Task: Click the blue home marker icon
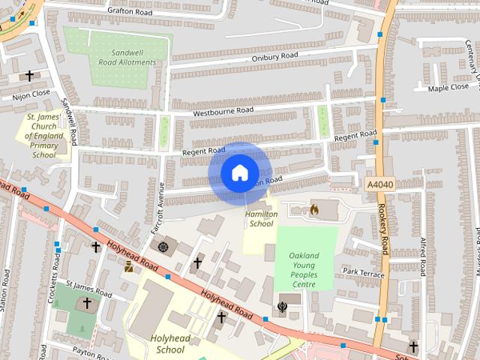pos(239,173)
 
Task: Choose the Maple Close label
pos(448,88)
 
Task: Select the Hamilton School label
pos(261,218)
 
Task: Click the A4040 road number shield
pos(379,184)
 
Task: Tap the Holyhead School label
pos(167,343)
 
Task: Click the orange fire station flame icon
pos(313,210)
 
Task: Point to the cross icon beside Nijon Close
pos(30,76)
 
